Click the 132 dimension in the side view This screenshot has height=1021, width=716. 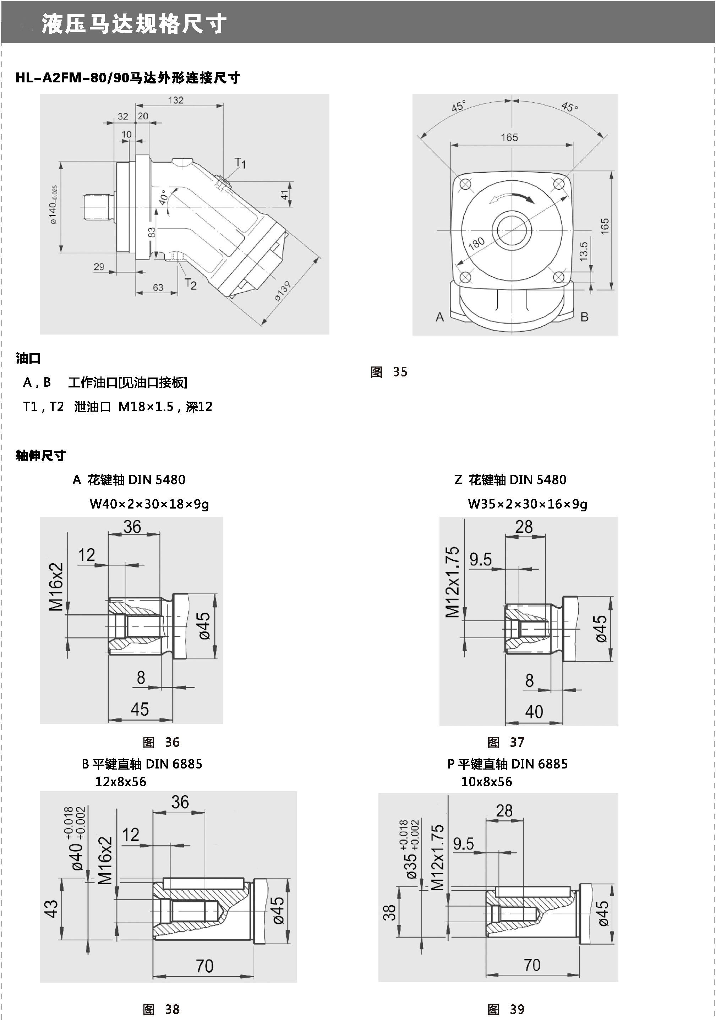click(176, 100)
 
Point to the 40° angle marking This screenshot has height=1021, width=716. click(163, 197)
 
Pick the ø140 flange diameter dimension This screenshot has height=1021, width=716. click(53, 205)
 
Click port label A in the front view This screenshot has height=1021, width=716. click(439, 317)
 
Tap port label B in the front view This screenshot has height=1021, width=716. click(584, 317)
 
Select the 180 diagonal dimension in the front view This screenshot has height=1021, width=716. click(476, 243)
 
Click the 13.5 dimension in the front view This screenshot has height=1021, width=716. click(583, 251)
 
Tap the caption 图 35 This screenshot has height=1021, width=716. click(389, 372)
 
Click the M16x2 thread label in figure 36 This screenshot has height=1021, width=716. click(56, 587)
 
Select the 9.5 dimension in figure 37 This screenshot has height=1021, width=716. click(480, 559)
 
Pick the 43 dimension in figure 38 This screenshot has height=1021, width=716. click(51, 908)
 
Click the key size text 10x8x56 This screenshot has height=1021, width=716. click(487, 781)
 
